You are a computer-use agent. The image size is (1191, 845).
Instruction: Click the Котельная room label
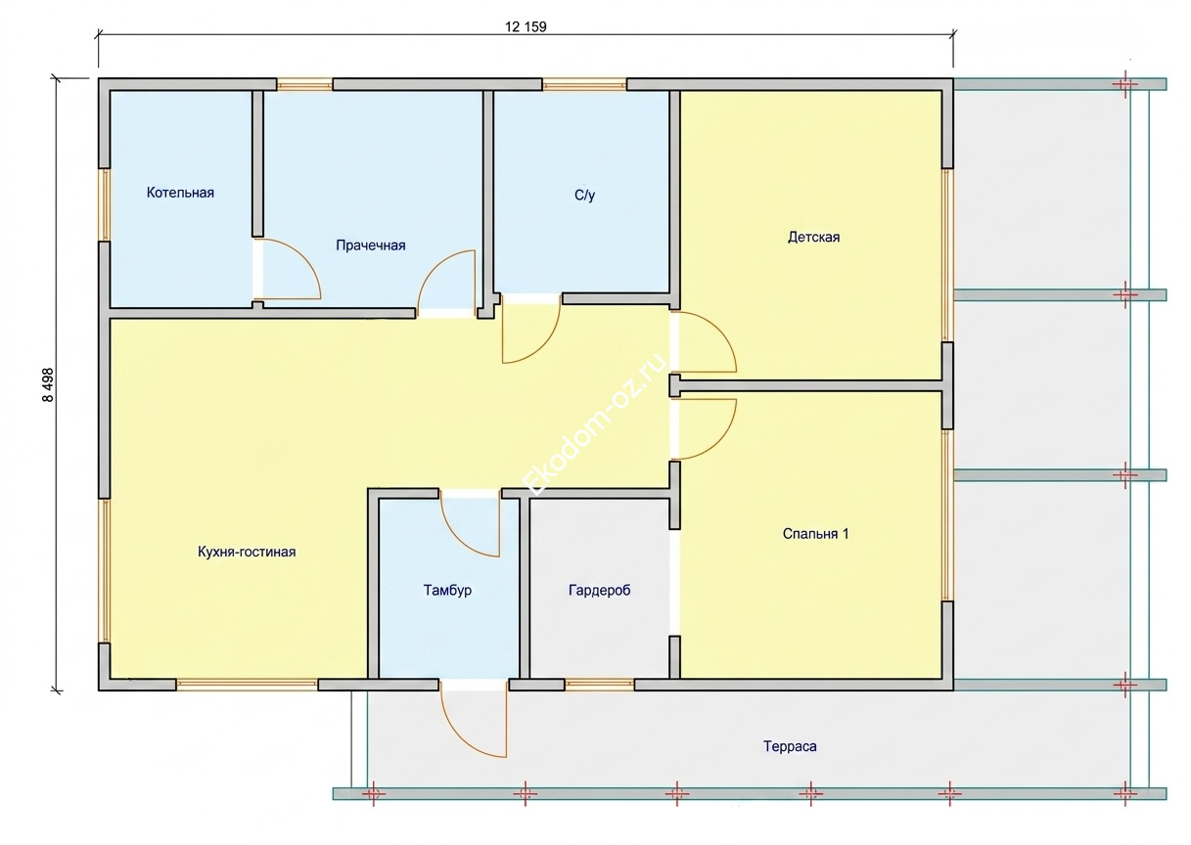coord(180,193)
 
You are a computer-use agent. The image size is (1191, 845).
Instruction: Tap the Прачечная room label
coord(371,245)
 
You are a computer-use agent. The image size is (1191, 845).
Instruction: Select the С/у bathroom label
coord(584,195)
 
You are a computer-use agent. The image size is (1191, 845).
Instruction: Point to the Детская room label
coord(813,237)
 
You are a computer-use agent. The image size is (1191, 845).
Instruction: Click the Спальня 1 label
coord(815,534)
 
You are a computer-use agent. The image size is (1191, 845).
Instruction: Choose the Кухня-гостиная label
coord(247,552)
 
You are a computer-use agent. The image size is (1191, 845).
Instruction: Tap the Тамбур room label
coord(447,591)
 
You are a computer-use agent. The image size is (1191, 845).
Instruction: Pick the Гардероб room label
coord(599,590)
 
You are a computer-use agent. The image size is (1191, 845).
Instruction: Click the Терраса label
coord(790,746)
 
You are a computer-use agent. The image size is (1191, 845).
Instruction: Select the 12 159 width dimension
coord(526,26)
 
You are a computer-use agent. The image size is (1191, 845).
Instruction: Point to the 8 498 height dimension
coord(48,384)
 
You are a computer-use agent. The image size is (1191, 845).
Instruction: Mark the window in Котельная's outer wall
coord(104,205)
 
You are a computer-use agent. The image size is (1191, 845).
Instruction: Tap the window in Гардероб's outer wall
coord(599,685)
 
